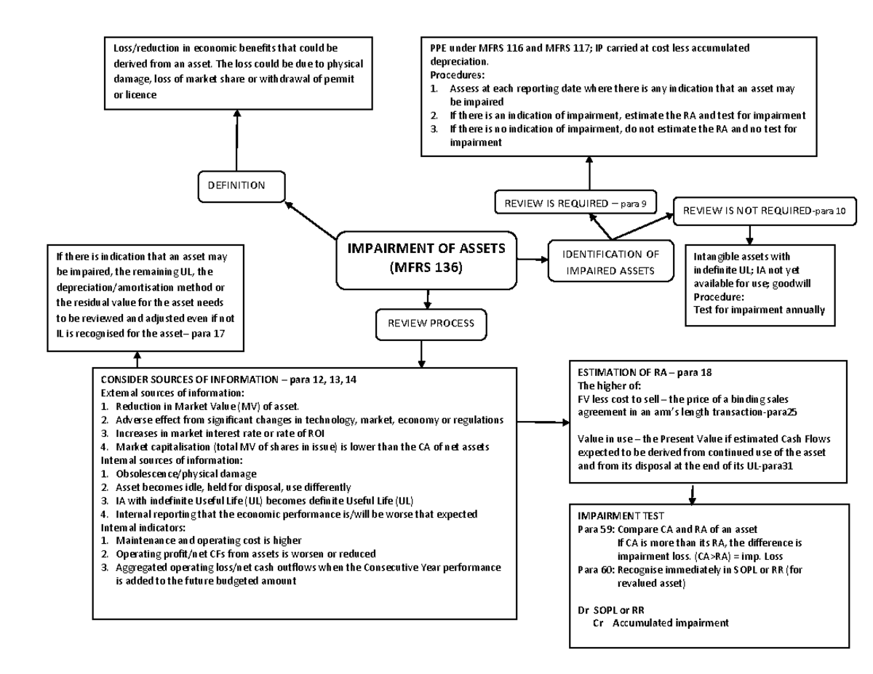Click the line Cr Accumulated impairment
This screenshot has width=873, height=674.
click(661, 623)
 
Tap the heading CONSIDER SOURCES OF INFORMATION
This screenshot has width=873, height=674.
click(228, 380)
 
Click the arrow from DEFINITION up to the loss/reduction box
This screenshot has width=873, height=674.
click(237, 138)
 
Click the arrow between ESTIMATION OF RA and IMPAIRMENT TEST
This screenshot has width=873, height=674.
click(692, 494)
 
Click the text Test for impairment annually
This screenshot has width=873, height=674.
click(759, 309)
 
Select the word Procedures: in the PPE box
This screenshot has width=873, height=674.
click(456, 75)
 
